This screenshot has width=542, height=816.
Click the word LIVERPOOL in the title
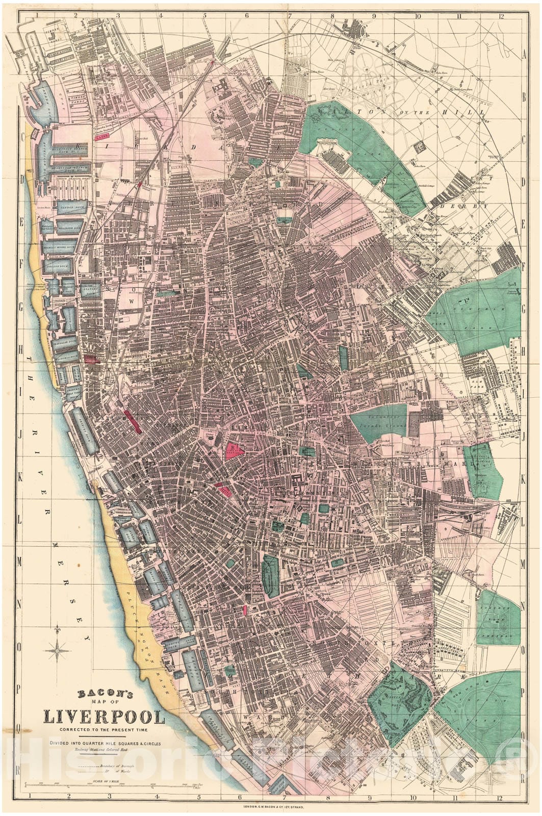click(105, 717)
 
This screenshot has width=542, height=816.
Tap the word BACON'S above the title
click(105, 694)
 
